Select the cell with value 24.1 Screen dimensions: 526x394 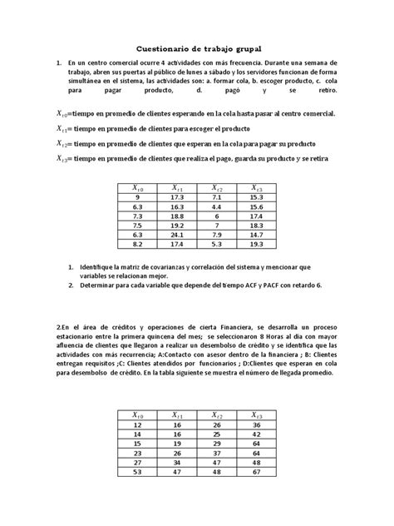pyautogui.click(x=176, y=236)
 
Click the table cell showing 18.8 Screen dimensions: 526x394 pyautogui.click(x=176, y=215)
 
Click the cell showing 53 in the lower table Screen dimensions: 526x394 pyautogui.click(x=138, y=470)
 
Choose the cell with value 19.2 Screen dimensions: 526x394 pyautogui.click(x=176, y=225)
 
